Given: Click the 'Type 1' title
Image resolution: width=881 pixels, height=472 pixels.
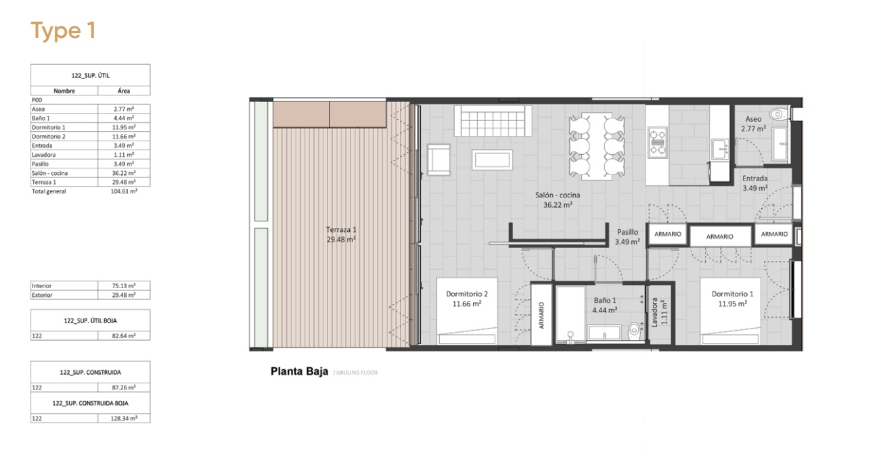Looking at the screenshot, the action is coord(64,30).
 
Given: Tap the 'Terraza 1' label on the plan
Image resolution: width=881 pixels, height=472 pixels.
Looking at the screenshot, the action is coord(341,229).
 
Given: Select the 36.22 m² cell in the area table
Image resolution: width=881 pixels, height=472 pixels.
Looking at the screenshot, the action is coord(124,173).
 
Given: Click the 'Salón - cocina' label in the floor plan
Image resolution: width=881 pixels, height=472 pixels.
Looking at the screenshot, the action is coord(558,195).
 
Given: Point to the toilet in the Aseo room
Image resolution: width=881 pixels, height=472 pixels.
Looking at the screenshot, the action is coord(777,114).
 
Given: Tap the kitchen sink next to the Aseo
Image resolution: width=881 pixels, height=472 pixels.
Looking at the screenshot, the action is coord(720,149).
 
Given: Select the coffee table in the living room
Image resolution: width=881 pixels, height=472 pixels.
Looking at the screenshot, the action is coord(492,160).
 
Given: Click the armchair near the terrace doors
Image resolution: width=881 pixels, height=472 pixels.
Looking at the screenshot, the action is coord(438,160).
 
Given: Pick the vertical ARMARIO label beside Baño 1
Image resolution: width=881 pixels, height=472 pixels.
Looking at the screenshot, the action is coord(541,315).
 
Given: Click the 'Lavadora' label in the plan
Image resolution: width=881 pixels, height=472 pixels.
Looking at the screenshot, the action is coord(654,312).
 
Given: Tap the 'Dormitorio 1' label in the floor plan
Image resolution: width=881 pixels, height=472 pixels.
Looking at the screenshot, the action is coord(732,294).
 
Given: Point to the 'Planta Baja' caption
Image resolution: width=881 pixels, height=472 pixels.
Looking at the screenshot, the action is coord(299,371).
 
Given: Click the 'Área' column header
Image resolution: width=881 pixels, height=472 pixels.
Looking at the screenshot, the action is coord(124,91).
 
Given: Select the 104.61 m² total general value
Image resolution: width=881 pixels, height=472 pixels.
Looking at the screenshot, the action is coord(124,191).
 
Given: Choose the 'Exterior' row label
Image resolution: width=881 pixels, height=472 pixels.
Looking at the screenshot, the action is coord(42,295).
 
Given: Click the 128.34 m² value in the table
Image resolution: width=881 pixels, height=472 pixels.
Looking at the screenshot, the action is coord(124,419).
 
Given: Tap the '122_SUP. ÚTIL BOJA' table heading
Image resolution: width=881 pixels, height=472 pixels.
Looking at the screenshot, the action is coord(90,321).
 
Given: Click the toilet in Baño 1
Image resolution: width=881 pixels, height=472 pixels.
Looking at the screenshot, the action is coord(635,331).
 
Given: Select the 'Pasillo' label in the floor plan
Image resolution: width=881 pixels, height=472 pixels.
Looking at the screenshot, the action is coord(627,232).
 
